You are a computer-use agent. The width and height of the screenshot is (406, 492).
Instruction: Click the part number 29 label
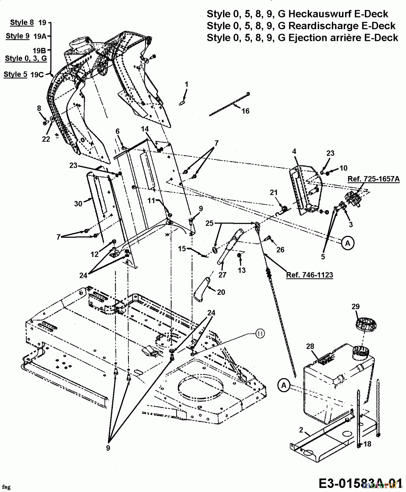(355, 306)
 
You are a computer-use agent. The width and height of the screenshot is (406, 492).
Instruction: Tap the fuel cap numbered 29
(366, 324)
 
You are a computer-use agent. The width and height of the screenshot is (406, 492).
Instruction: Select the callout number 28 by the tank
(310, 346)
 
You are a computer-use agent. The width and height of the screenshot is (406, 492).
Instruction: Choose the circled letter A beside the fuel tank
(284, 385)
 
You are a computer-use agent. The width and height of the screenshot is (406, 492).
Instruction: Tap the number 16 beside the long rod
(245, 111)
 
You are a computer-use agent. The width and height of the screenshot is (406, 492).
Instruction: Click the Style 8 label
(22, 22)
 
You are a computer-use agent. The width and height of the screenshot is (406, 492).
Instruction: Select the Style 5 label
(15, 74)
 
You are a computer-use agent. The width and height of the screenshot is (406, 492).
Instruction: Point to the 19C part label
(37, 75)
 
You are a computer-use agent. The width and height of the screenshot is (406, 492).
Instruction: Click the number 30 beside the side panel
(78, 204)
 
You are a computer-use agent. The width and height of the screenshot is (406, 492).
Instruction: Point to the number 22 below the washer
(46, 139)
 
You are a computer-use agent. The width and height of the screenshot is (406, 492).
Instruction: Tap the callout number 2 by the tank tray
(301, 430)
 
